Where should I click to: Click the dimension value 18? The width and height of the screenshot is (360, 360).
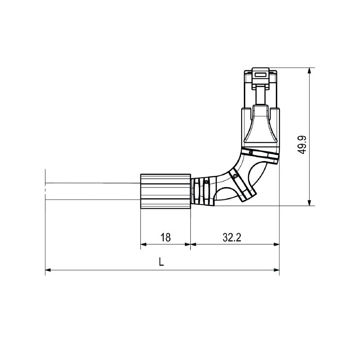[166, 237]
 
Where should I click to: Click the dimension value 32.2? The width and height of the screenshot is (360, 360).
[232, 237]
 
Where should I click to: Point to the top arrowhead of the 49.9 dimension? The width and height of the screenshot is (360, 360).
[309, 71]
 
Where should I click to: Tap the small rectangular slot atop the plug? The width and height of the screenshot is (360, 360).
[260, 74]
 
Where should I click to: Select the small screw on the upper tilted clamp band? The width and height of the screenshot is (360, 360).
[250, 153]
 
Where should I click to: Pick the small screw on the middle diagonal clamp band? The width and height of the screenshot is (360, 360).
[235, 176]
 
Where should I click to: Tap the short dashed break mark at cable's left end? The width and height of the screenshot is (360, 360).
[45, 191]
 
